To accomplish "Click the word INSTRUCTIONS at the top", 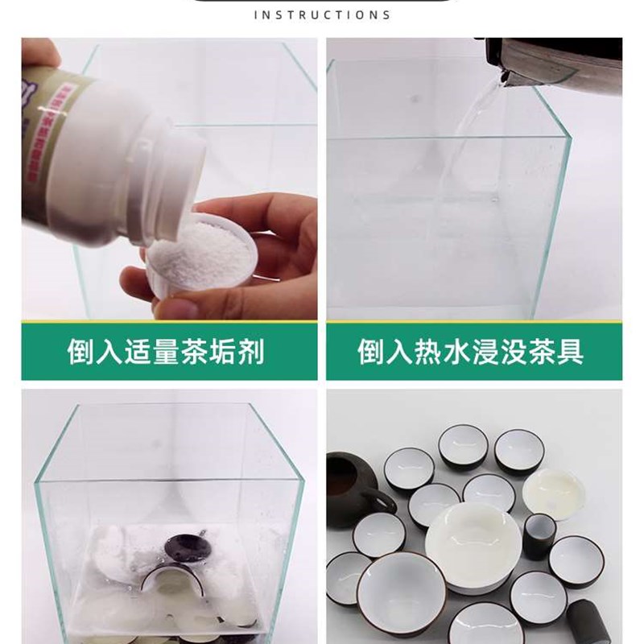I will (x=322, y=14).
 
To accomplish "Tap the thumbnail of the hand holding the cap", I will (x=183, y=308).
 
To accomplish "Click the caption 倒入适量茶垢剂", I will (x=166, y=353).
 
